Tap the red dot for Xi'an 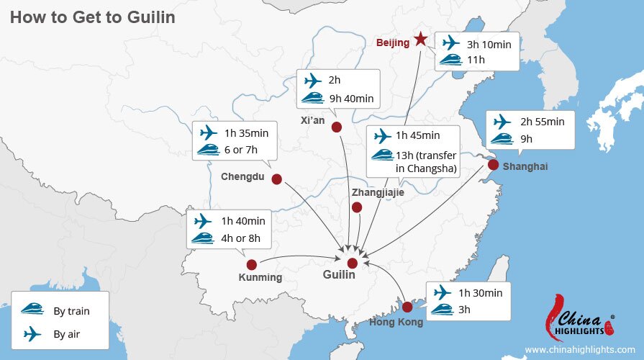336,127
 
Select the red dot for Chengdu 276,179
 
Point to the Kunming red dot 252,264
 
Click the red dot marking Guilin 352,263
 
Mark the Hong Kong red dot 407,306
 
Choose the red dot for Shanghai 492,165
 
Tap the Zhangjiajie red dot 356,207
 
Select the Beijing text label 392,42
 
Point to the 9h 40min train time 350,99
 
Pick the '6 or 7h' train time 241,150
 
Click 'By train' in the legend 71,311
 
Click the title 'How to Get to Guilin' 92,17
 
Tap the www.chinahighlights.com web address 579,350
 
